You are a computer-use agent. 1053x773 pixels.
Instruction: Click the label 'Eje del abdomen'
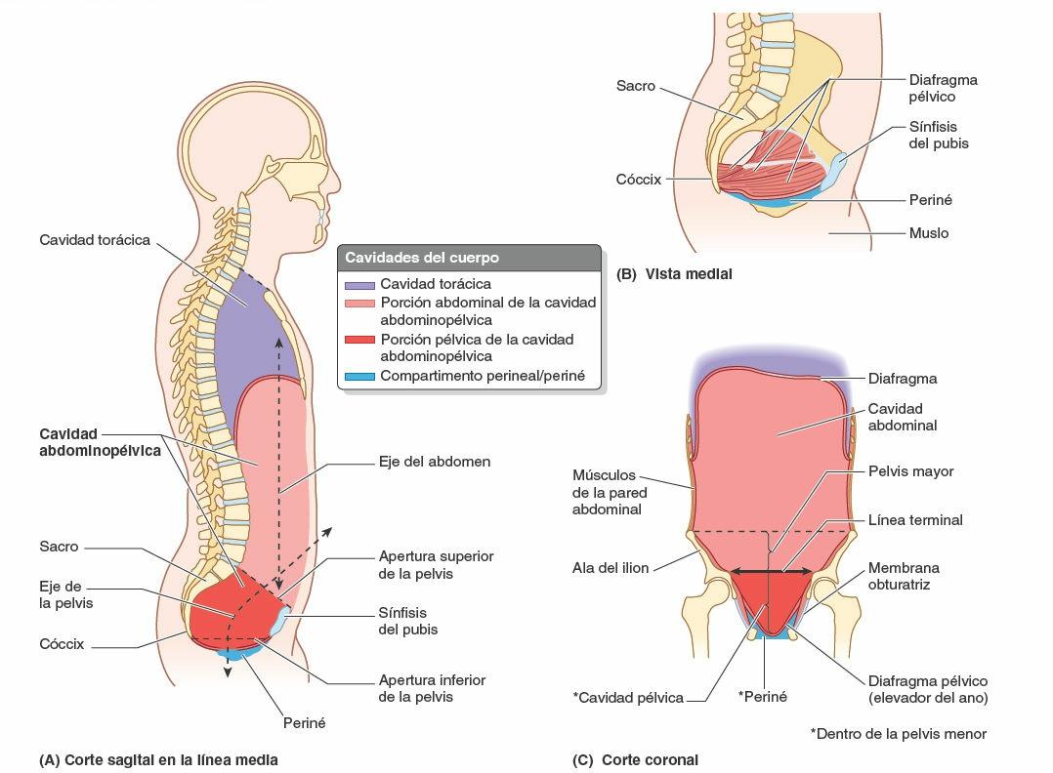point(434,461)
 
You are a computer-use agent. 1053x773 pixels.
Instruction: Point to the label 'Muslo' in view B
point(928,233)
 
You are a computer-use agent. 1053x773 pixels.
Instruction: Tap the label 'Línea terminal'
point(915,520)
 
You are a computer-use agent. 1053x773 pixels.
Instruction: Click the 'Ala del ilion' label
point(611,567)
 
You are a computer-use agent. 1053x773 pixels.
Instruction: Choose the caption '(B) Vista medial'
point(674,274)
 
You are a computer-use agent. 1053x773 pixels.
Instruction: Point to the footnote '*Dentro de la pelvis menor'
point(898,733)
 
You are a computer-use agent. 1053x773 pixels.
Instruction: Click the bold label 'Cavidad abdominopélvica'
point(100,442)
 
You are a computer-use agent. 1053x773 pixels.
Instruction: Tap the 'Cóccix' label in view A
point(63,644)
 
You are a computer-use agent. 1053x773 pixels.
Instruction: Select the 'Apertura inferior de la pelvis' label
point(432,688)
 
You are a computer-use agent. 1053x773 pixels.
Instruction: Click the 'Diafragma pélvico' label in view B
point(943,89)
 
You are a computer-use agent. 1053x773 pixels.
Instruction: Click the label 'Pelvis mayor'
point(910,471)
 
